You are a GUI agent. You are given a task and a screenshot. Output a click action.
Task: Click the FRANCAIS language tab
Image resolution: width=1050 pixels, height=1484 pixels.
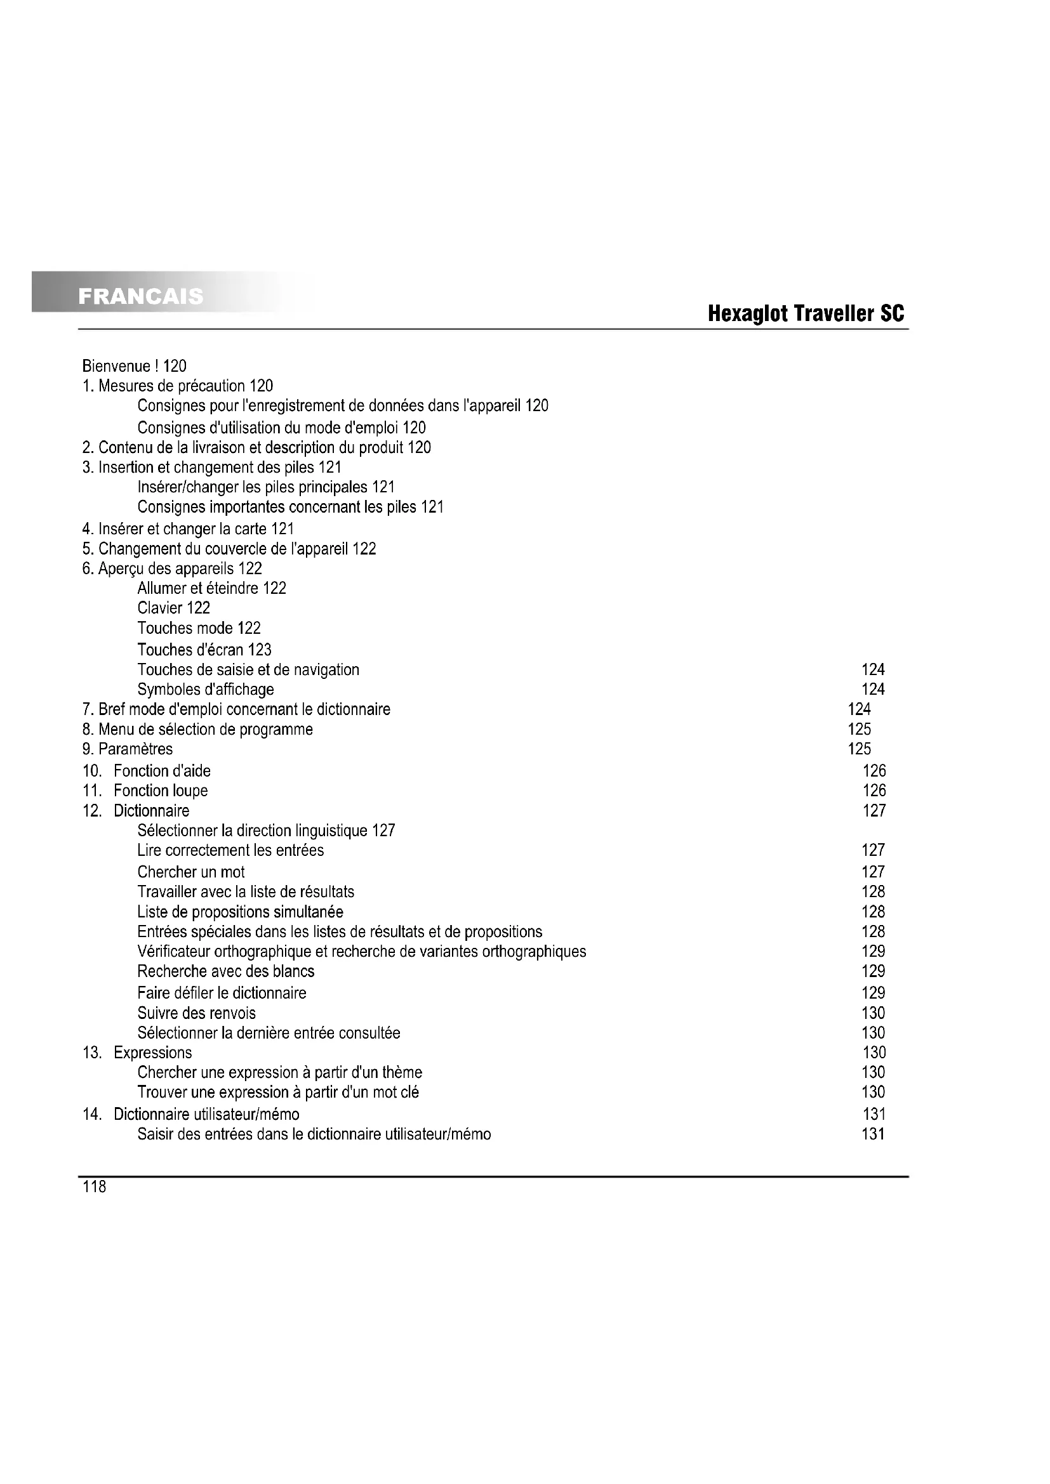pos(140,296)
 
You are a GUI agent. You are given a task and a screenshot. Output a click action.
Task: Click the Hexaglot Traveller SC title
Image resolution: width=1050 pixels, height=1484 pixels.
pos(806,314)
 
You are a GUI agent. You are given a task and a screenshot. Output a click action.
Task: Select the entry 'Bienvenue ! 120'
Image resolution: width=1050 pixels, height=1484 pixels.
pos(135,367)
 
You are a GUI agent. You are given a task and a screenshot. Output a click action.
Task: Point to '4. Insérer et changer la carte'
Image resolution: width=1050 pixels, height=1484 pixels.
pos(187,529)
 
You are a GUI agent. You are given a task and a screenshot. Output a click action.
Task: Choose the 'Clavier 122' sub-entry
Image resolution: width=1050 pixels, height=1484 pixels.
pos(173,608)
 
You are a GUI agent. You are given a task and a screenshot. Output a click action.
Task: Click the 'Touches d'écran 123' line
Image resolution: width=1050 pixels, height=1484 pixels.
pos(204,650)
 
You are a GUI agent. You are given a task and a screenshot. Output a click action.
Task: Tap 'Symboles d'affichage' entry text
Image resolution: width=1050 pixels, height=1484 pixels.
pos(206,690)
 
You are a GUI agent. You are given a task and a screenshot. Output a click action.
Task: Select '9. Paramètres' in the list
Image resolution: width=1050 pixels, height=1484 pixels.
pos(128,749)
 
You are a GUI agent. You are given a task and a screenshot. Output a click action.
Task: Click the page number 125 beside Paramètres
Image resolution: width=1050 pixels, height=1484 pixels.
pos(860,749)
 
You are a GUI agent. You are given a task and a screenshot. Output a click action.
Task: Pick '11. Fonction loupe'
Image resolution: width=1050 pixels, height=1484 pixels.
pos(145,791)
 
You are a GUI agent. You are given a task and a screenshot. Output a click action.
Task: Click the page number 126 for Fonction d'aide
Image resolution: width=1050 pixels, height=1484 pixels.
pos(874,771)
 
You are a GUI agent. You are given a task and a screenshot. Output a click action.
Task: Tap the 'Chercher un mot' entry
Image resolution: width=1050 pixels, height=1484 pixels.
pos(190,872)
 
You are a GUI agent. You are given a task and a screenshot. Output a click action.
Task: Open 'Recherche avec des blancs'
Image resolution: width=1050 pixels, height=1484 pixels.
pos(225,971)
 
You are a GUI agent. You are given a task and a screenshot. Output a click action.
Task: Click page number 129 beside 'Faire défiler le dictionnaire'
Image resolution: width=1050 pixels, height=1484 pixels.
pos(873,993)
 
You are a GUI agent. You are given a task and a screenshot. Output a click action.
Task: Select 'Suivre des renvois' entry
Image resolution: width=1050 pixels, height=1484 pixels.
pos(197,1013)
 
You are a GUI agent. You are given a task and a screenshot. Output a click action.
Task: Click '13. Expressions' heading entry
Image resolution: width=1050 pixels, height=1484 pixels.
pos(137,1053)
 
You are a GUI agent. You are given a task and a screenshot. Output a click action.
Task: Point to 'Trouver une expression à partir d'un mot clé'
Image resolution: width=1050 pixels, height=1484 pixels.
pos(278,1093)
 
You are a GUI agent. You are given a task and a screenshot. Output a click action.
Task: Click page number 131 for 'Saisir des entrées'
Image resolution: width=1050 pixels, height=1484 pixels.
pos(873,1134)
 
